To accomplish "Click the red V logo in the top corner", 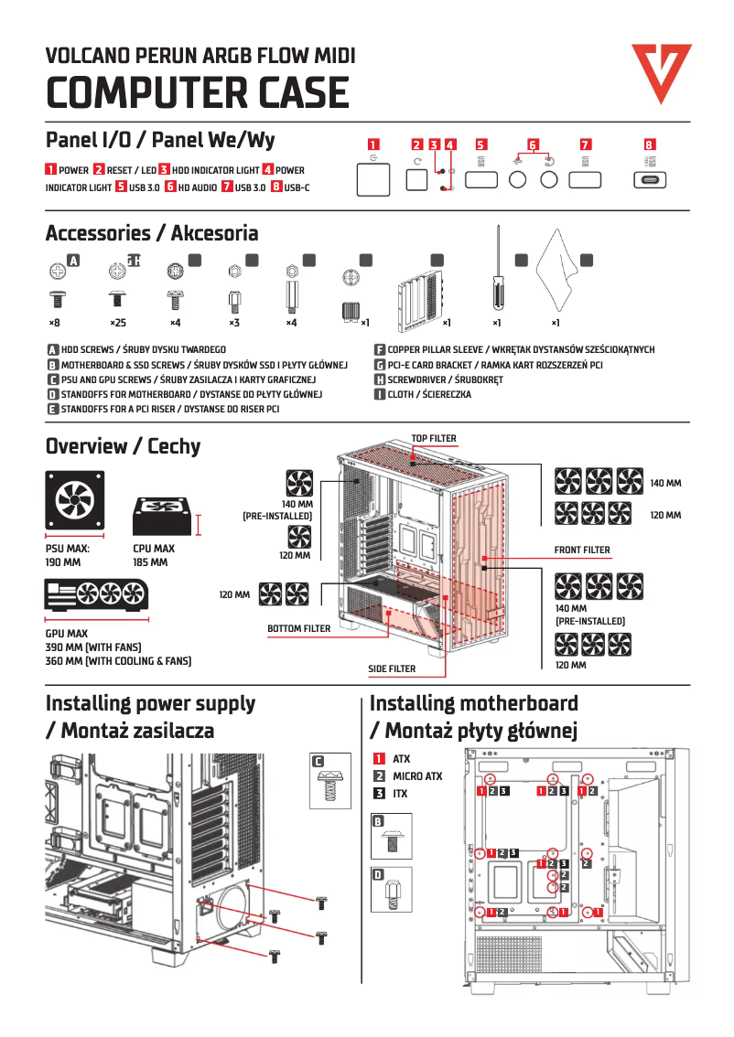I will [x=661, y=72].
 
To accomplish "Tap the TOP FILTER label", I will [x=433, y=439].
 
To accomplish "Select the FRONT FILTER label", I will [x=582, y=551].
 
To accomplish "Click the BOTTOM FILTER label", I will [x=299, y=629].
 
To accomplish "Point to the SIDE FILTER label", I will [x=392, y=669].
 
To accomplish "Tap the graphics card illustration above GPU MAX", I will [x=96, y=596].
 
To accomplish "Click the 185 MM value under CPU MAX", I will [x=150, y=563].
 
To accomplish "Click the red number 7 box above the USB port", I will [x=586, y=144].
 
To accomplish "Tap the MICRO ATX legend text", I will [x=417, y=776].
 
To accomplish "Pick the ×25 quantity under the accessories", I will [x=118, y=323].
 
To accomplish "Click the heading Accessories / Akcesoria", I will [x=152, y=233].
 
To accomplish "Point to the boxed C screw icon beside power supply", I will [x=328, y=780].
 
